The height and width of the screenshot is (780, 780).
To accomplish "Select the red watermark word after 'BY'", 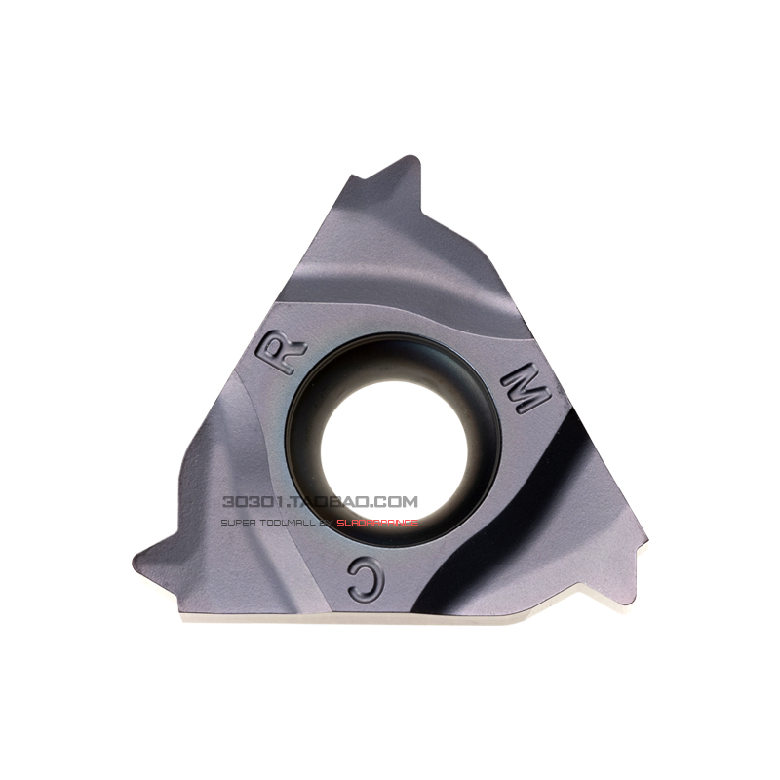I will (x=377, y=523).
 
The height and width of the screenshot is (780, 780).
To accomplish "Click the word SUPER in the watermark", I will (x=238, y=523).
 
